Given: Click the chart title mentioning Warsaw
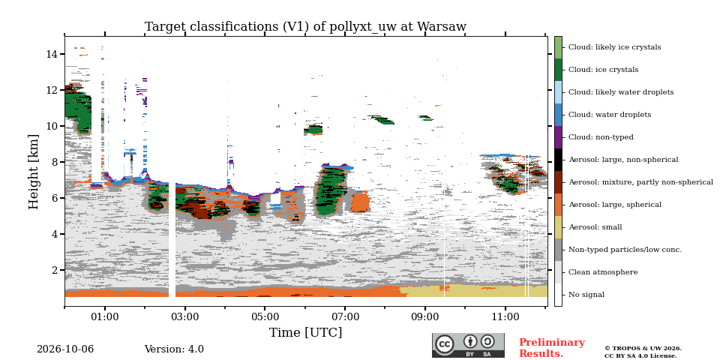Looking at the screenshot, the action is click(305, 27).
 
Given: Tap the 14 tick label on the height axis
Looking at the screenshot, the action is click(51, 54).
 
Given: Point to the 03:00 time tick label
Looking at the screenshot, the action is click(185, 317).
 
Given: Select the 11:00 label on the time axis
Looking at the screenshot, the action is click(505, 317).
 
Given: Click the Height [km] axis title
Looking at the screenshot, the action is click(34, 172).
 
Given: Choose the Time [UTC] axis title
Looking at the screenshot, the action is click(305, 332).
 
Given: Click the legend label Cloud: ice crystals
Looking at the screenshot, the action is click(603, 70).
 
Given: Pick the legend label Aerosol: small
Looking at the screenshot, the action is click(595, 227).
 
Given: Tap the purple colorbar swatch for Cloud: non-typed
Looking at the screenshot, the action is click(558, 137).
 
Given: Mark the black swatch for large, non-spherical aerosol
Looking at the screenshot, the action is click(558, 160).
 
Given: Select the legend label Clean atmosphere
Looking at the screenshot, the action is click(603, 272).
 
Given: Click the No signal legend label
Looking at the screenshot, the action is click(586, 295).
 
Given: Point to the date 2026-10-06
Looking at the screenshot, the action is click(65, 349).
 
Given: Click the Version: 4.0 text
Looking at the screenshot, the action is click(174, 349).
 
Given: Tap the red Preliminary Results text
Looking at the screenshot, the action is click(551, 348).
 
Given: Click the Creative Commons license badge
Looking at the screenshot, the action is click(468, 345).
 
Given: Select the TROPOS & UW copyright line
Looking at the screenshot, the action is click(643, 349).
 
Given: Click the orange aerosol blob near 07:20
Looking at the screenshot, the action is click(360, 202).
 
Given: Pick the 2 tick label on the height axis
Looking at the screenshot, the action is click(54, 270).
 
